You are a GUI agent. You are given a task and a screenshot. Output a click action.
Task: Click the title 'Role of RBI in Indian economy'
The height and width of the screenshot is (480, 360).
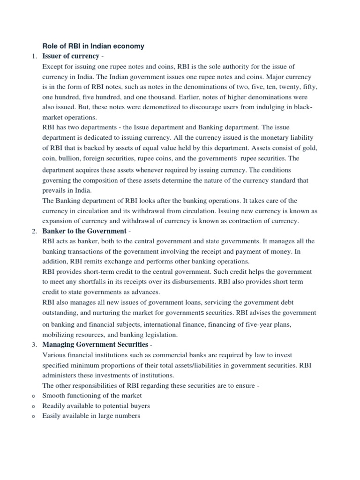[x=93, y=46]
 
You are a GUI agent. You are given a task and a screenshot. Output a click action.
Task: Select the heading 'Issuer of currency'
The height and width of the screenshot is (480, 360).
[x=71, y=56]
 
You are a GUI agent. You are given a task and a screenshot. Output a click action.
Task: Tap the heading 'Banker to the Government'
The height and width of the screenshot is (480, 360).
[x=84, y=231]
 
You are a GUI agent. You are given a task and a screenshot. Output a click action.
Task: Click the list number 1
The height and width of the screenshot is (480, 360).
[x=33, y=57]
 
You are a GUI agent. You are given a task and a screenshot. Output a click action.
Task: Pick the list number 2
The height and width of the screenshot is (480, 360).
[x=33, y=232]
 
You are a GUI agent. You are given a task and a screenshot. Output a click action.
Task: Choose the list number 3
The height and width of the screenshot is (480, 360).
[x=33, y=345]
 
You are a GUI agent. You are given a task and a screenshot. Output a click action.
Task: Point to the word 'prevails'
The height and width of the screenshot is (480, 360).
[x=54, y=191]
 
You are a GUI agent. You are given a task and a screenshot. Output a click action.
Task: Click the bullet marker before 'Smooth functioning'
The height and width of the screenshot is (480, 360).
[x=33, y=396]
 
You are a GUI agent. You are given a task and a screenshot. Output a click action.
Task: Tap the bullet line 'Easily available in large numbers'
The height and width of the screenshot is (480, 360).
[x=91, y=416]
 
